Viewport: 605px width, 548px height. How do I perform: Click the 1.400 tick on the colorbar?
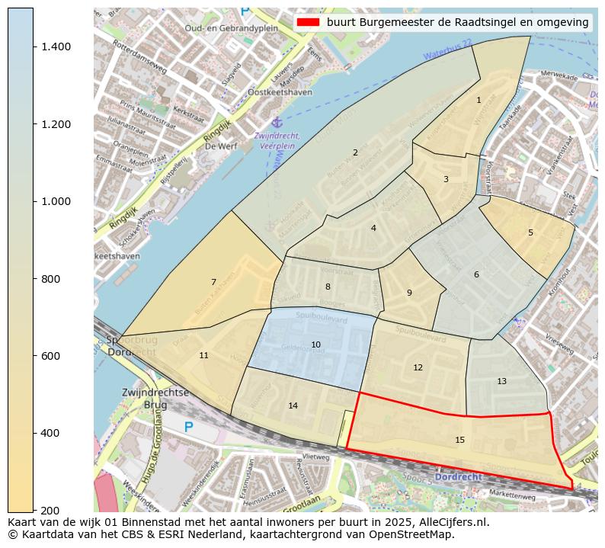pos(34,46)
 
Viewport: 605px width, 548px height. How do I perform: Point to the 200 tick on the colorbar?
pos(34,510)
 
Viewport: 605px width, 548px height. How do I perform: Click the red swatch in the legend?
pos(308,22)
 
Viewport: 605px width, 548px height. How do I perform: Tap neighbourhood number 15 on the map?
pos(459,440)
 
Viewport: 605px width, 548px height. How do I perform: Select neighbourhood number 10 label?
pos(315,345)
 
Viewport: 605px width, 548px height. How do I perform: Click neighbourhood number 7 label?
pos(213,282)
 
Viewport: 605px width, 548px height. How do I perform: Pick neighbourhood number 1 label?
pos(479,100)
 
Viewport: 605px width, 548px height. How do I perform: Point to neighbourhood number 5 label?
pos(530,232)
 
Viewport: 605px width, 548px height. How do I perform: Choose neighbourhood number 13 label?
pos(501,381)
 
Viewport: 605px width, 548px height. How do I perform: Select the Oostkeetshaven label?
pos(280,92)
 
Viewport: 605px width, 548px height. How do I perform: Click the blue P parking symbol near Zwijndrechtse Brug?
pos(189,427)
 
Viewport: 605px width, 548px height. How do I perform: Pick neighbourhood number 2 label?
pos(355,152)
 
